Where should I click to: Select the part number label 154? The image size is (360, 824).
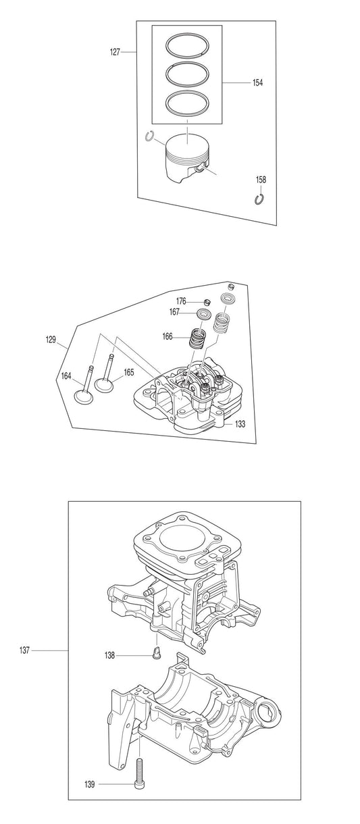click(x=257, y=82)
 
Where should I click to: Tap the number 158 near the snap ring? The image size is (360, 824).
click(x=261, y=180)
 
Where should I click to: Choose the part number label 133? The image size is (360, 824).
click(x=240, y=423)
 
